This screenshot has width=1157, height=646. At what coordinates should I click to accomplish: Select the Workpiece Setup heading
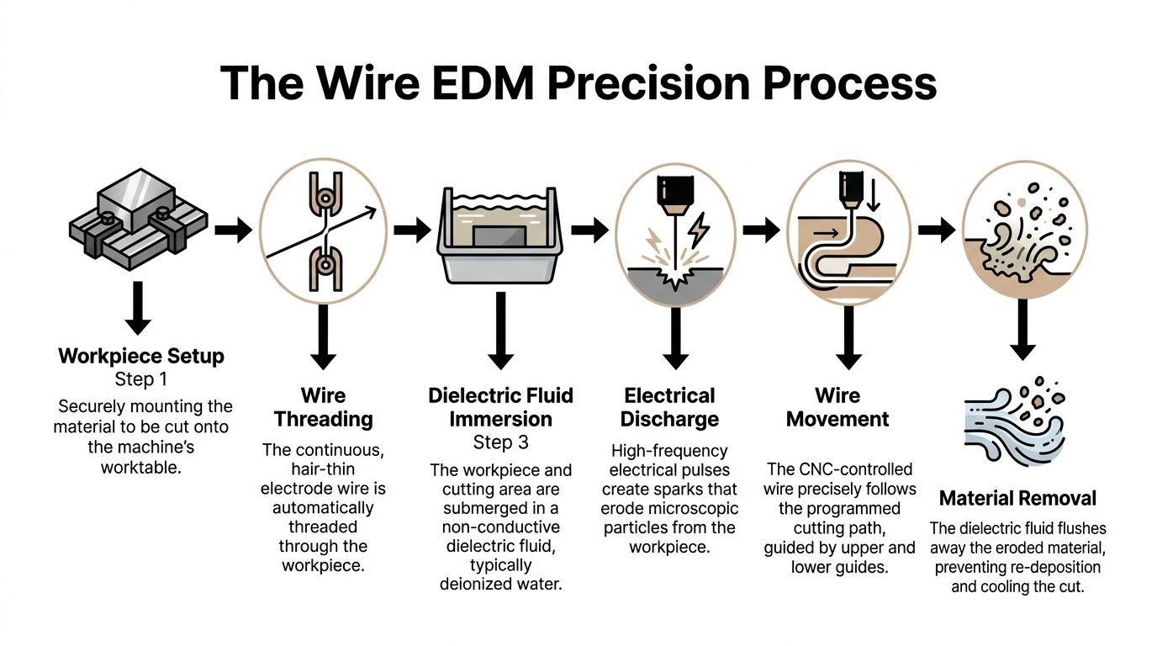(x=141, y=356)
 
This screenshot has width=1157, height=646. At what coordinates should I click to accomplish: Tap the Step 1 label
(x=141, y=379)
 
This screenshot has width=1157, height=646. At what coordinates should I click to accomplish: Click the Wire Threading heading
(x=324, y=407)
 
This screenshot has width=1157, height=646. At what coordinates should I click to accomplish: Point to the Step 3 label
(x=500, y=442)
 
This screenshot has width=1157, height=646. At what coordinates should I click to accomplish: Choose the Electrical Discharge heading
(x=670, y=407)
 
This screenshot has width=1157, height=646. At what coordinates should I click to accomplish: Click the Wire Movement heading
(x=837, y=407)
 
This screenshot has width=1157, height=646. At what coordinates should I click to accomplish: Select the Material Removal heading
(x=1017, y=498)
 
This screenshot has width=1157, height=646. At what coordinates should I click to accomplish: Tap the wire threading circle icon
(x=324, y=229)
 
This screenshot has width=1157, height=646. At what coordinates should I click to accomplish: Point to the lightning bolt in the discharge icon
(x=698, y=228)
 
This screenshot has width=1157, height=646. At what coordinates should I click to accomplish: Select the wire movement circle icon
(x=848, y=229)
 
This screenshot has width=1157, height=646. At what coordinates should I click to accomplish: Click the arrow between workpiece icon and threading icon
(x=234, y=229)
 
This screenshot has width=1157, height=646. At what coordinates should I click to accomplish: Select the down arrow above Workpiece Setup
(x=139, y=309)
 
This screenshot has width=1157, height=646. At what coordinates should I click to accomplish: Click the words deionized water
(x=500, y=583)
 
